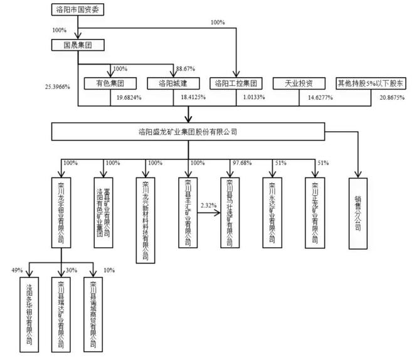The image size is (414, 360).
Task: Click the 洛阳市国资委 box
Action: pyautogui.click(x=77, y=10)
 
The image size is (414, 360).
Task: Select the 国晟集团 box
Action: pyautogui.click(x=77, y=45)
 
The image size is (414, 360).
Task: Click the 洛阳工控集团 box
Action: pyautogui.click(x=236, y=83)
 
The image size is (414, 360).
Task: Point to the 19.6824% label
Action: pyautogui.click(x=129, y=98)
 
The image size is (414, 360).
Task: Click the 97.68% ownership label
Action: pyautogui.click(x=241, y=163)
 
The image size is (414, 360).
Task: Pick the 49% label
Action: pyautogui.click(x=17, y=270)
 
